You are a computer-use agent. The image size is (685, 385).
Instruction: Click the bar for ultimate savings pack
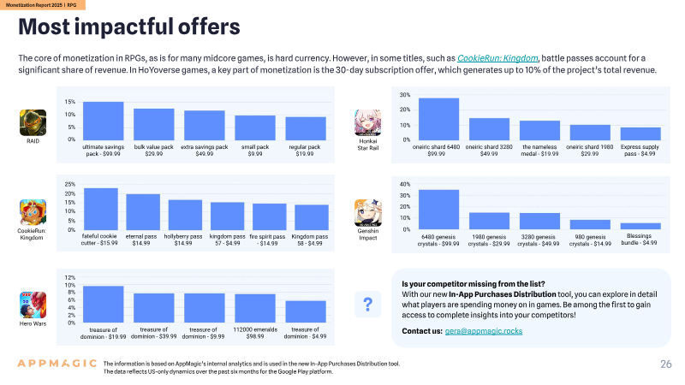tap(103, 121)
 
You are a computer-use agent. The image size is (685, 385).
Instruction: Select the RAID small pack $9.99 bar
tap(255, 127)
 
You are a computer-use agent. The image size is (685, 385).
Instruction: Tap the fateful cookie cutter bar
tap(101, 209)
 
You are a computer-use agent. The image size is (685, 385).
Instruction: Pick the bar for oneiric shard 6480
tap(438, 119)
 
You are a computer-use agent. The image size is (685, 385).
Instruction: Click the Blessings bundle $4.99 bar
tap(640, 226)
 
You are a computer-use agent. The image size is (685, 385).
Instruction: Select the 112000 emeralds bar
tap(255, 308)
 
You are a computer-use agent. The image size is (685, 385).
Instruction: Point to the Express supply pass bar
tap(640, 133)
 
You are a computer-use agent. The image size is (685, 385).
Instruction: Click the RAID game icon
tap(33, 122)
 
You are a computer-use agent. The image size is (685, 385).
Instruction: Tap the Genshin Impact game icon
tap(368, 212)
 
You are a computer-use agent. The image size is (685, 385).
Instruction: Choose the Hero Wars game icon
tap(33, 305)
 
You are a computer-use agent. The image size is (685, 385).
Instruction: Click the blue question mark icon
tap(368, 305)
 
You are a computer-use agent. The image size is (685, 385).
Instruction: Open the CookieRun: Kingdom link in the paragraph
tap(497, 58)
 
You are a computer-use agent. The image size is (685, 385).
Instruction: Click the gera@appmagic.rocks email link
tap(484, 331)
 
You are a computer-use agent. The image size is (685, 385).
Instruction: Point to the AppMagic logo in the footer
tap(57, 363)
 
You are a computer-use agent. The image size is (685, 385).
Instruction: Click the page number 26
tap(666, 364)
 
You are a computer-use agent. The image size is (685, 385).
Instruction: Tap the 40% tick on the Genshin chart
tap(405, 184)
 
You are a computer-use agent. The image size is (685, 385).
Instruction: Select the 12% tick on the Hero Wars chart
tap(70, 277)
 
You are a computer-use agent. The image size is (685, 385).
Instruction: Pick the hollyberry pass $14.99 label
tap(183, 240)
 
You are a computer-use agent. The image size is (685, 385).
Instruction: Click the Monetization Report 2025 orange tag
tap(42, 5)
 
